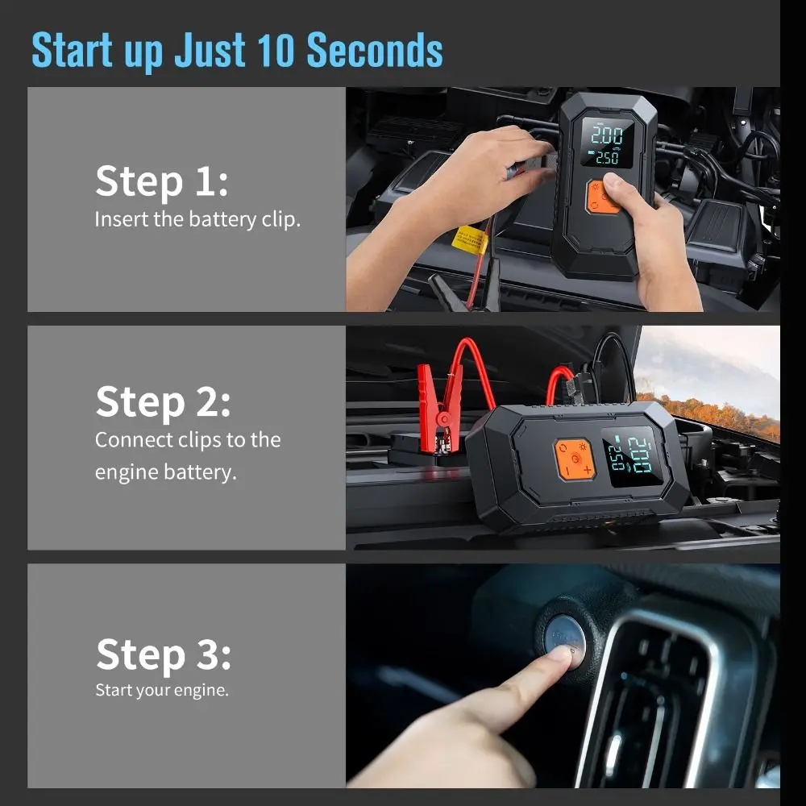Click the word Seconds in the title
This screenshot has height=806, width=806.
click(x=375, y=50)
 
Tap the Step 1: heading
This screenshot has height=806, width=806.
click(x=161, y=181)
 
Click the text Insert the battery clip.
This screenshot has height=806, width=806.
click(x=197, y=219)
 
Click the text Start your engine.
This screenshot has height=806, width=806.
click(x=162, y=690)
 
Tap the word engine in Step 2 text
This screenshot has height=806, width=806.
click(x=125, y=473)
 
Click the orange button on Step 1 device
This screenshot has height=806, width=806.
click(x=602, y=196)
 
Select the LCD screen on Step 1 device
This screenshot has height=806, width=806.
click(x=605, y=143)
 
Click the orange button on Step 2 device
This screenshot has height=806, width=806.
click(x=574, y=459)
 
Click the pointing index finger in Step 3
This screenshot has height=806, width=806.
click(x=516, y=685)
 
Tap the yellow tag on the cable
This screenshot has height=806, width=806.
click(x=470, y=239)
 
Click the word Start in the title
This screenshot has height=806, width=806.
click(x=73, y=50)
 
